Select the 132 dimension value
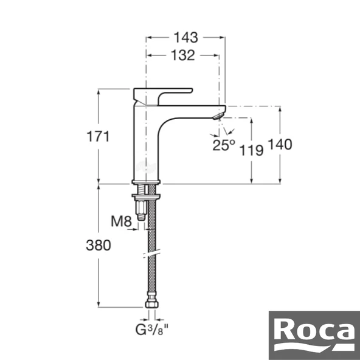(182, 55)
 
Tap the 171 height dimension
(98, 136)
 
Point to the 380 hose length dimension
(98, 246)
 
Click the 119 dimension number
(251, 150)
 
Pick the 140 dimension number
(280, 145)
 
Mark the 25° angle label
(223, 145)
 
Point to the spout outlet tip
(218, 113)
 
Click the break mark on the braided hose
(151, 251)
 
